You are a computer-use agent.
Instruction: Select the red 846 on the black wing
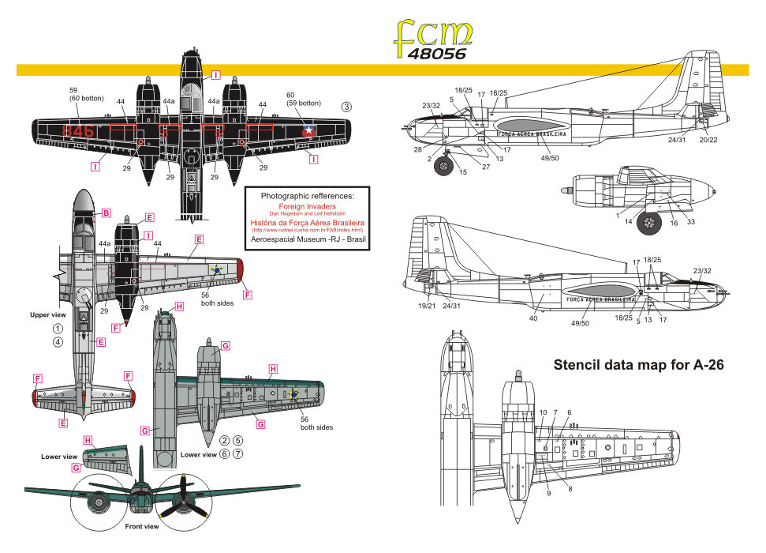coord(79,130)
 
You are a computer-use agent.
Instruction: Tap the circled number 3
coord(346,107)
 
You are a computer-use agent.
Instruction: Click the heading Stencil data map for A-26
coord(639,365)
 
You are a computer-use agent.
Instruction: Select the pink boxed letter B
coord(106,213)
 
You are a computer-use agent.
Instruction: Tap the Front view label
coord(142,526)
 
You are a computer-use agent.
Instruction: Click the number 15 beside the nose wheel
coord(463,172)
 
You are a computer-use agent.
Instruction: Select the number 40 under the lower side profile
coord(534,318)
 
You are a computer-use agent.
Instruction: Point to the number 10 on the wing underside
coord(543,412)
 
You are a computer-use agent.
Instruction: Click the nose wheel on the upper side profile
coord(445,166)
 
